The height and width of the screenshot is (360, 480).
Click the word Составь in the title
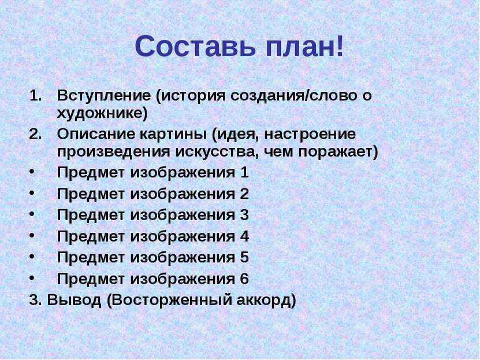[195, 47]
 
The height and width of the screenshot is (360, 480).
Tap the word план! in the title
[305, 47]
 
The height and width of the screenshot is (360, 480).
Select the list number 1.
[35, 96]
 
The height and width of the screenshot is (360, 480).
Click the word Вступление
[104, 96]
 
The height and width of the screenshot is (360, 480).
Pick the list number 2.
[35, 135]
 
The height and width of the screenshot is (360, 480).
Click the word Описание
[96, 135]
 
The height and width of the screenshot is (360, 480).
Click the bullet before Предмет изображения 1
[32, 172]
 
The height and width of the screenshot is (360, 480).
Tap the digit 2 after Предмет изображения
[244, 194]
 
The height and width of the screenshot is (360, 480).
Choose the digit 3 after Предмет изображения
[244, 215]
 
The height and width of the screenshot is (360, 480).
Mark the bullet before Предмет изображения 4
[32, 235]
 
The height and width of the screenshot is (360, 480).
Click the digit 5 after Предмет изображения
[244, 258]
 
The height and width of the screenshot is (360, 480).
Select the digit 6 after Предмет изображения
[244, 279]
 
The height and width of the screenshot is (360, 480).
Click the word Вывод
[74, 300]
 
